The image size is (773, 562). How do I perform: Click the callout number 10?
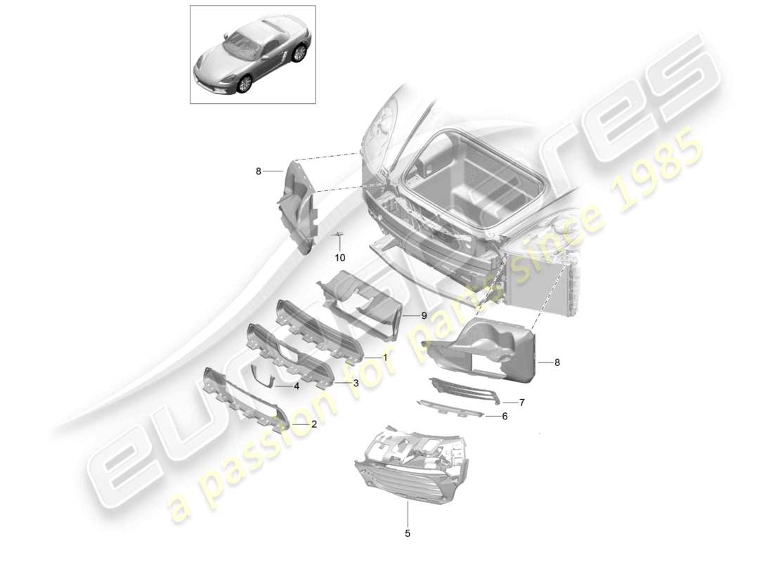(341, 258)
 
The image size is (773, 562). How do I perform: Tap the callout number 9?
(424, 316)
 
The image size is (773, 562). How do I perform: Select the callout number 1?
(386, 358)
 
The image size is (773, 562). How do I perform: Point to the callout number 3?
(356, 384)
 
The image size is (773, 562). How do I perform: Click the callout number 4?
(297, 386)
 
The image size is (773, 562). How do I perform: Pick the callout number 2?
(314, 424)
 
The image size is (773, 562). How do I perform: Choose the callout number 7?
(522, 403)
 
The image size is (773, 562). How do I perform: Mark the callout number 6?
(505, 417)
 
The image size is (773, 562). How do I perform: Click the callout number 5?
(408, 533)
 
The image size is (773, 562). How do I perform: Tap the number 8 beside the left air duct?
(259, 171)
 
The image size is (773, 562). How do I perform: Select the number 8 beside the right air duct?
(557, 362)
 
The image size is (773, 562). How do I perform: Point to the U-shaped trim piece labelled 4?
(264, 376)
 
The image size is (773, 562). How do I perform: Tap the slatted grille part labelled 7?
(464, 390)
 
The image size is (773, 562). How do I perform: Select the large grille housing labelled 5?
(408, 467)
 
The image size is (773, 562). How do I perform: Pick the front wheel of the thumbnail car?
(245, 84)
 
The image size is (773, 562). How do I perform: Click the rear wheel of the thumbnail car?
(301, 53)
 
